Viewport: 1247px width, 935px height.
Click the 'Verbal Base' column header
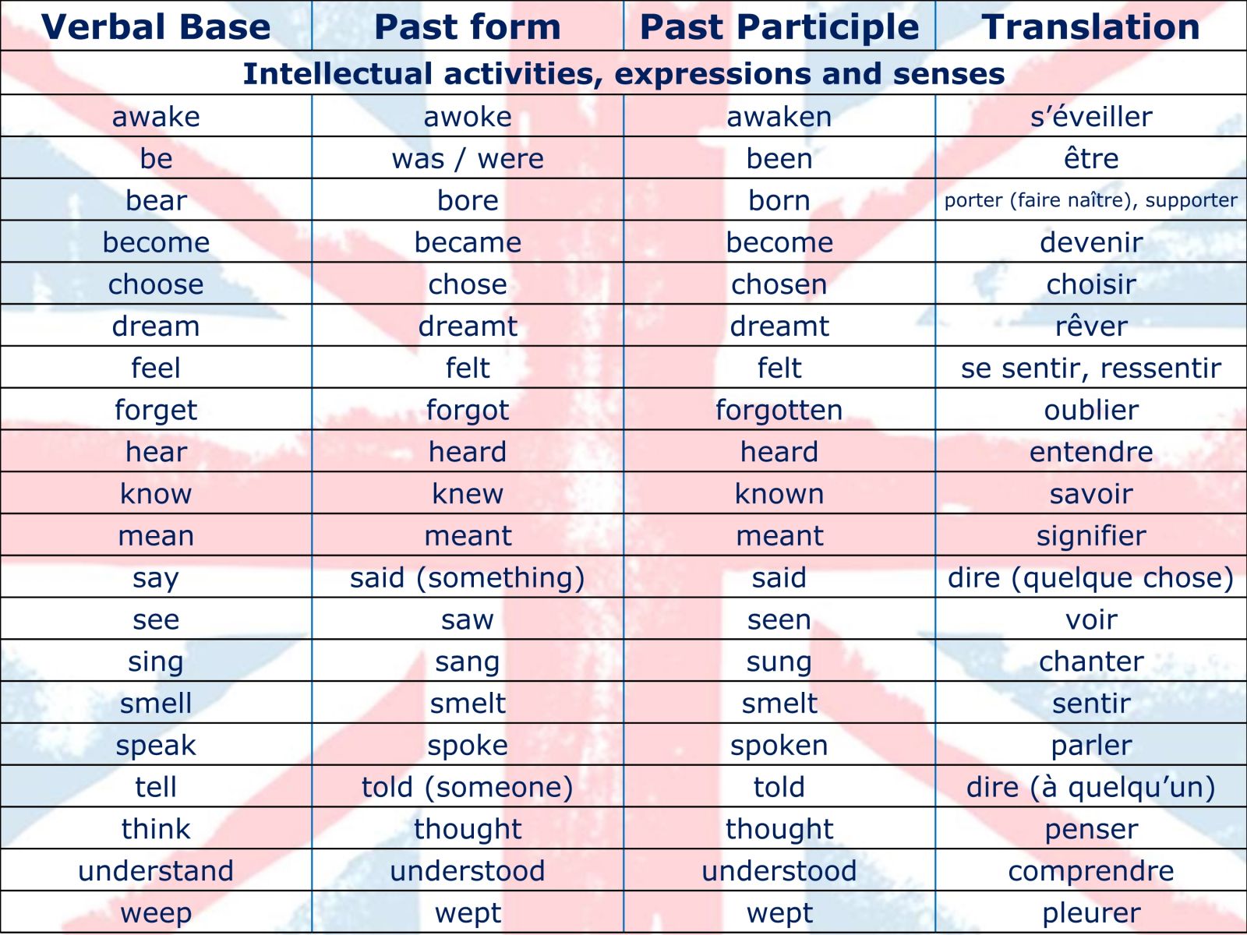156,26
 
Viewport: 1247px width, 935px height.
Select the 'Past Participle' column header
779,26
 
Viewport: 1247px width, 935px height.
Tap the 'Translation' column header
1091,26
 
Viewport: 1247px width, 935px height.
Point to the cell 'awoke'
468,117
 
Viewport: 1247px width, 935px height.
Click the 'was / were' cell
468,159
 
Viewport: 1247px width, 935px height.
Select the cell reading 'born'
779,200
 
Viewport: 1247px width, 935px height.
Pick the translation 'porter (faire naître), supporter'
1091,200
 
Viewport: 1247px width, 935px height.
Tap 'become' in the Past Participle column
779,242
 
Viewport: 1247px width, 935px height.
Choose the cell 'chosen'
779,284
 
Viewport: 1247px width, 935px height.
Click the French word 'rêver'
1091,326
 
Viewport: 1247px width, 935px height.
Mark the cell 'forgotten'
779,410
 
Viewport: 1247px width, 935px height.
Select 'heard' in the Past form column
468,452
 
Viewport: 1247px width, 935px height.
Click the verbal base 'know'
156,494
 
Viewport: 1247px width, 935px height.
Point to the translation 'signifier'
1091,536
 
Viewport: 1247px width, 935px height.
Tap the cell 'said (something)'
468,578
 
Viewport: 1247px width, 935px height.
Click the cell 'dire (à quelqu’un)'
1091,788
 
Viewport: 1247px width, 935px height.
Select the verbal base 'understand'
156,871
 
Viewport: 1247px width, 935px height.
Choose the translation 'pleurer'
1091,913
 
